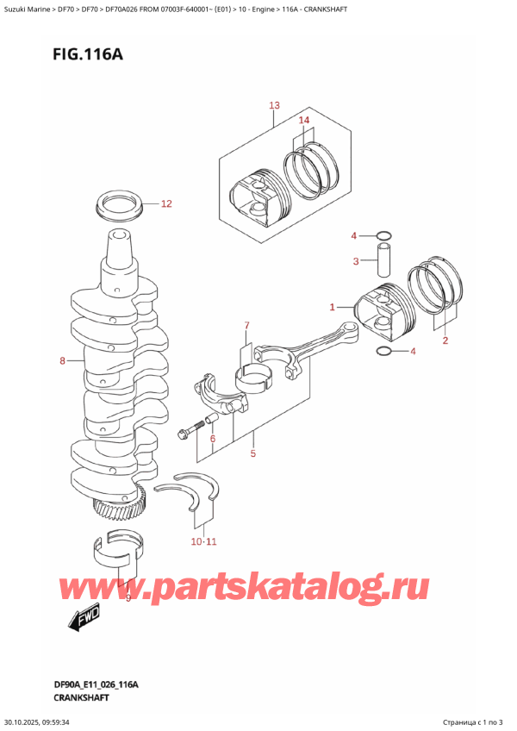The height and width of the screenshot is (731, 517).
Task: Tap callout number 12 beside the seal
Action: point(166,204)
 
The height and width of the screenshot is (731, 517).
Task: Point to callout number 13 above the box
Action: point(274,106)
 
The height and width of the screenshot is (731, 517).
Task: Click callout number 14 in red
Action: point(303,121)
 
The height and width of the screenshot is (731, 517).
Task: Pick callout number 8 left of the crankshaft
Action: point(62,362)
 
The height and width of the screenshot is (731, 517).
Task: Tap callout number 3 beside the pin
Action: point(354,262)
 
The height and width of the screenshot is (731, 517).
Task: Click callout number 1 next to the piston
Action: point(333,306)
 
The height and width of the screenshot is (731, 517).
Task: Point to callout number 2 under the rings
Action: point(445,341)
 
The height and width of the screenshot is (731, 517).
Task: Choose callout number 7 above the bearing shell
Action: point(246,325)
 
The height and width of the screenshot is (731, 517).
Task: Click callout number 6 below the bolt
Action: point(212,440)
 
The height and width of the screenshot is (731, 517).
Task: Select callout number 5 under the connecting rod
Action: point(252,454)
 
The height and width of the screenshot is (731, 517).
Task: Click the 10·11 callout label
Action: point(205,541)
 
